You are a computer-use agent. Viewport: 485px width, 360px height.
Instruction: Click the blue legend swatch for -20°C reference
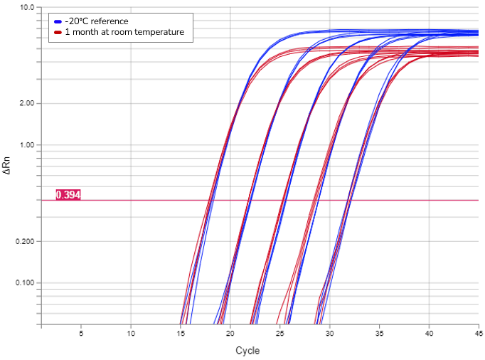click(58, 21)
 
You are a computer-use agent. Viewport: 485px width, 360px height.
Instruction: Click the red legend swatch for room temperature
click(58, 32)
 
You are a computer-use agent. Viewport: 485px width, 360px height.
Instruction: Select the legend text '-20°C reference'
click(97, 21)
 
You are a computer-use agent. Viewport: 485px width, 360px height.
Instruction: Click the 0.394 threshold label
click(68, 195)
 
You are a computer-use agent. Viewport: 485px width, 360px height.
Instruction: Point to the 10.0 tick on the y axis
click(27, 8)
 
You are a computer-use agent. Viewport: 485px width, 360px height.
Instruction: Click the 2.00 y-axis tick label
click(26, 103)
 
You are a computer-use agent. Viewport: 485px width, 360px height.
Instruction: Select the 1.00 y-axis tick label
click(26, 145)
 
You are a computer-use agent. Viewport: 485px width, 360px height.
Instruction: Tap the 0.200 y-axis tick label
click(23, 242)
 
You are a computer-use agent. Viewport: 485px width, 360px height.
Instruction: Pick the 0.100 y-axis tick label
click(23, 283)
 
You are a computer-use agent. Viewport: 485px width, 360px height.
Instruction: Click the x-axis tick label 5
click(81, 333)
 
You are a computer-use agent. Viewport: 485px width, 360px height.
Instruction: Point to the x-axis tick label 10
click(131, 333)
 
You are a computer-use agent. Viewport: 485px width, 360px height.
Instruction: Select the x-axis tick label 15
click(181, 333)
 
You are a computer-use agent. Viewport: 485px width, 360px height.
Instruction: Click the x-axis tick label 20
click(230, 333)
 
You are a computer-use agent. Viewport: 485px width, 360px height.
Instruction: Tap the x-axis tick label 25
click(279, 333)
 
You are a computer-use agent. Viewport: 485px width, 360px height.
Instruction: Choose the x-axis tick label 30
click(329, 333)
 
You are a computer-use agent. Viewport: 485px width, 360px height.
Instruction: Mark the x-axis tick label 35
click(379, 333)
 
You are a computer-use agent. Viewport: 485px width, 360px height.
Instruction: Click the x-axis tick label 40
click(429, 333)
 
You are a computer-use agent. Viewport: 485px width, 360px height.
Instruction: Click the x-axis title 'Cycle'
click(247, 351)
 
